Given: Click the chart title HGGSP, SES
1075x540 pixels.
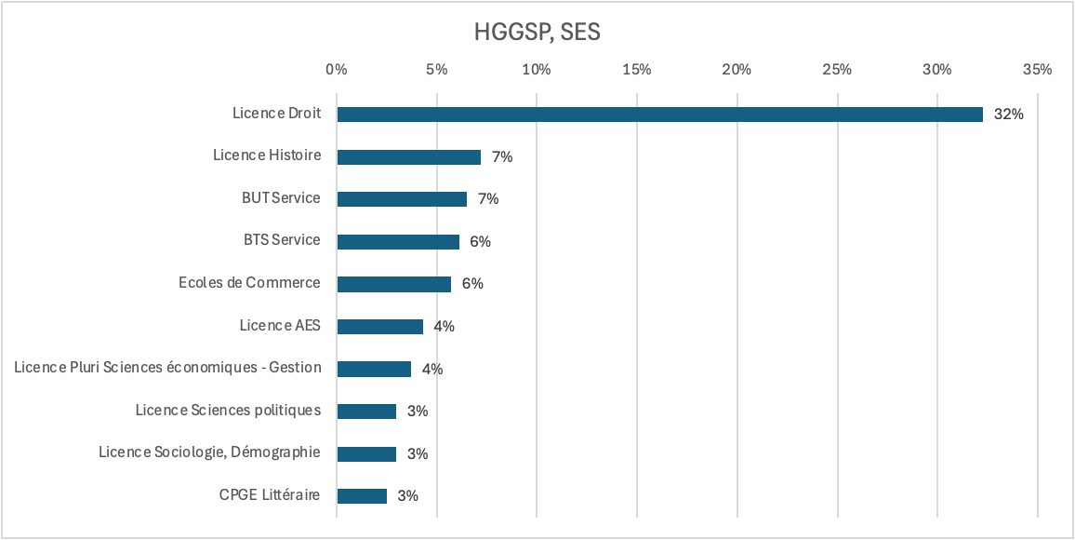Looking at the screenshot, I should (537, 33).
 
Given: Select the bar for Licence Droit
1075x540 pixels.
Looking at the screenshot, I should (659, 115).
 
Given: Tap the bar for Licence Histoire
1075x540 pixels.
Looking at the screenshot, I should (408, 157).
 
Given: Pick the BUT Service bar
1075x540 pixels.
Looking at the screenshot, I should (402, 199).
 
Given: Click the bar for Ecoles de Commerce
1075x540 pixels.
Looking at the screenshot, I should (393, 284).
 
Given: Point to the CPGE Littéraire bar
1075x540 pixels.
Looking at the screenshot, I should (362, 496).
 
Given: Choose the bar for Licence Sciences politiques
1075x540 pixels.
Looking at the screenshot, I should (366, 412).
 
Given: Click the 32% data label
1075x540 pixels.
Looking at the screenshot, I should (1008, 115).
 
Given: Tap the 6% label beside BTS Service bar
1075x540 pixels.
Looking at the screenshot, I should (480, 242).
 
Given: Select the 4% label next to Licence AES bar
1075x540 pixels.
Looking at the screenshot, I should (444, 327).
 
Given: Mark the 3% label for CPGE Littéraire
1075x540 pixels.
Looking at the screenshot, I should (407, 496).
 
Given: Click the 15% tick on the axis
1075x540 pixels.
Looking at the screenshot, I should (637, 70).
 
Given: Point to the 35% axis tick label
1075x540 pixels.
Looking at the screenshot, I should (1037, 70).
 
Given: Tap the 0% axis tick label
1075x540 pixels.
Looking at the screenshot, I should (337, 70).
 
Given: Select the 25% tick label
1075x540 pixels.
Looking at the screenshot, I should (837, 70).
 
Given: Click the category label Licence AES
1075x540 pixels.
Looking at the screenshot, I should (280, 326).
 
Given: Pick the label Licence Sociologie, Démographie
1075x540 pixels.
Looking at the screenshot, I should (210, 452).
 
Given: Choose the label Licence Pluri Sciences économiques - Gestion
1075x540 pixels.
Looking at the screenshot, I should (168, 368).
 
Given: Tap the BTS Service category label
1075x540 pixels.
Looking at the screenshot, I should (282, 240).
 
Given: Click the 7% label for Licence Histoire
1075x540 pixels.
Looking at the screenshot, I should (502, 157).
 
